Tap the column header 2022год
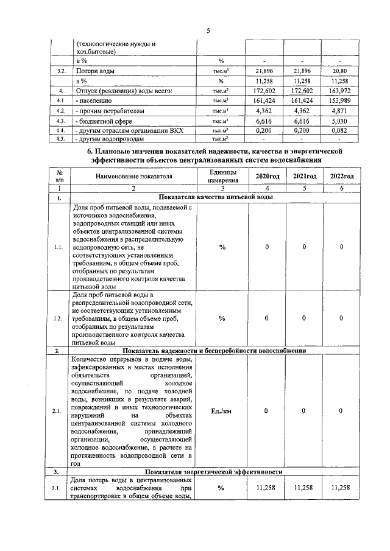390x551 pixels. coord(341,176)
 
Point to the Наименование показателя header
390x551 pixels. coord(133,176)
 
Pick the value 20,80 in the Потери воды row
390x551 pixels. coord(341,71)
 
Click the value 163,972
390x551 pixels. coord(341,91)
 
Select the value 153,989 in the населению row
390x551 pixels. coord(341,100)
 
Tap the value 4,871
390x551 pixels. coord(341,111)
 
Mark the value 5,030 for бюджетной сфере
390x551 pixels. coord(341,121)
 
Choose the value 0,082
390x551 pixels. coord(341,130)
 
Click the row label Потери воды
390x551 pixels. coord(94,71)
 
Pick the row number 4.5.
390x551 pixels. coord(60,138)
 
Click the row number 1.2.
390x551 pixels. coord(58,318)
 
